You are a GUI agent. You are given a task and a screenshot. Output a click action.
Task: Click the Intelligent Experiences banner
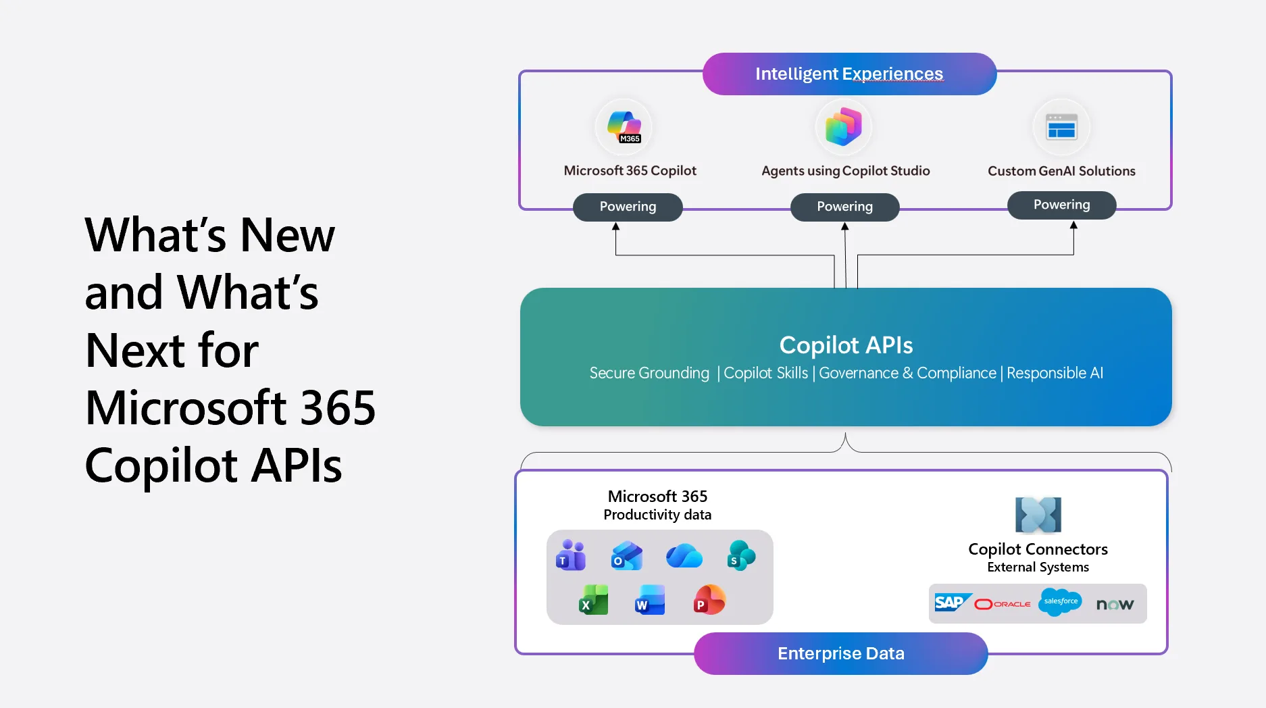pos(849,74)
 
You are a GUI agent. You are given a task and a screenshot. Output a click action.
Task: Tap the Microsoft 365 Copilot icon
pos(624,127)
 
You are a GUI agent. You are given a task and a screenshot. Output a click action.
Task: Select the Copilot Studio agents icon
pos(844,126)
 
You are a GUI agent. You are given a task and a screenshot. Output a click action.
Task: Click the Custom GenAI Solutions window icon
pos(1061,127)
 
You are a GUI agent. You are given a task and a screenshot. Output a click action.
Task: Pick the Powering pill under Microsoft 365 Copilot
pos(628,207)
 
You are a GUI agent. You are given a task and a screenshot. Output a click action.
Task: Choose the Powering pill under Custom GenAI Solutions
pos(1061,205)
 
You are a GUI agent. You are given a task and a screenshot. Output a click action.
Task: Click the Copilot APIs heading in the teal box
pos(846,345)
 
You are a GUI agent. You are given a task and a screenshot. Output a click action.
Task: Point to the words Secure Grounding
pos(649,373)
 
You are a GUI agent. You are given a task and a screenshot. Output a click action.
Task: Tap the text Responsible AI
pos(1055,373)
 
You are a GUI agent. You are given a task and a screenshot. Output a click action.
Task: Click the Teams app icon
pos(571,555)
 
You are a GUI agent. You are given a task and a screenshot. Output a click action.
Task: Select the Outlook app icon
pos(626,556)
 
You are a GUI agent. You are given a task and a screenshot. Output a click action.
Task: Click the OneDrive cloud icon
pos(684,556)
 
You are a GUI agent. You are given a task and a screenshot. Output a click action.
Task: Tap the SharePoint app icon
pos(740,555)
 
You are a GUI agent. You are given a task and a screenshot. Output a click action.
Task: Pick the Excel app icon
pos(593,600)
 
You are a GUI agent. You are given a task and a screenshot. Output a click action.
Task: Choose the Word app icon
pos(650,600)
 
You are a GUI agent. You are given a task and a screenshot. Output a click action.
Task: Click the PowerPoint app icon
pos(709,600)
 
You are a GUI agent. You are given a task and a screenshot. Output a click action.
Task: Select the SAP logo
pos(951,603)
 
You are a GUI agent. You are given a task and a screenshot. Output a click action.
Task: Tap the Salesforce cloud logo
pos(1060,602)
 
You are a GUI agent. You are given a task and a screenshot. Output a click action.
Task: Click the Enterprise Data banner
pos(840,653)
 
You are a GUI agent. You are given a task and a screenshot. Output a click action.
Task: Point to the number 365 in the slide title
pos(337,408)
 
